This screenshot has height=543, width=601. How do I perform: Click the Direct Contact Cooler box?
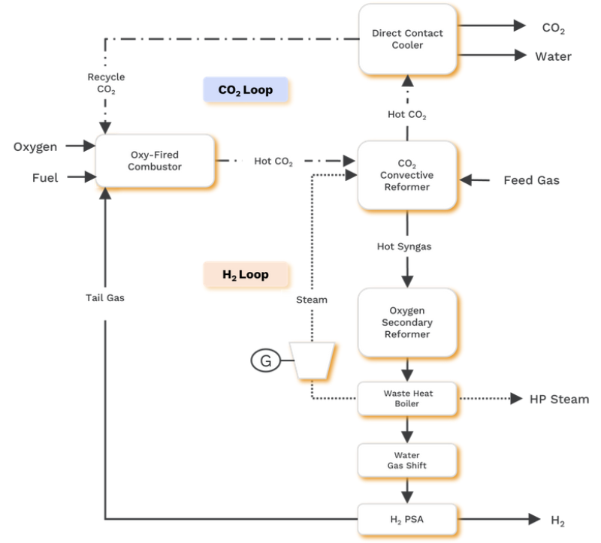click(407, 39)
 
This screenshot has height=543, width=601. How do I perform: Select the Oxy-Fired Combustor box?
click(155, 161)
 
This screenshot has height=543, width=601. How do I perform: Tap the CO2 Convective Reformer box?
click(407, 175)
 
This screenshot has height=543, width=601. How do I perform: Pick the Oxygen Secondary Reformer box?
click(407, 322)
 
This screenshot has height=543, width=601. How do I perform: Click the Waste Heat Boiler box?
click(407, 398)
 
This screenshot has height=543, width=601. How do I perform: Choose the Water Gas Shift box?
click(407, 460)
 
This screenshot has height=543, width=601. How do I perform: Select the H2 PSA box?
click(407, 518)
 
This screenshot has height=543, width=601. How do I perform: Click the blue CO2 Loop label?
click(246, 90)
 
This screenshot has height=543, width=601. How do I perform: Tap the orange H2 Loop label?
click(246, 275)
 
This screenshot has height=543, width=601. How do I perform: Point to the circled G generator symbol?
click(265, 361)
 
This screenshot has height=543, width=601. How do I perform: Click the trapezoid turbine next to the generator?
click(313, 361)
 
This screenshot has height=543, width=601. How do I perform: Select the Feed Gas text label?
click(531, 180)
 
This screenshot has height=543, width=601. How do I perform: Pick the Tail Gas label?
click(105, 297)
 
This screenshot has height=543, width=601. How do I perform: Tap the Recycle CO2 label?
click(106, 83)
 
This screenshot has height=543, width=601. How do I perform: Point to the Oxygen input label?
click(35, 146)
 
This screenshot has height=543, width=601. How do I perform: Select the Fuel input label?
click(45, 178)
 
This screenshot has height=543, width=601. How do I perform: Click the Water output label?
click(553, 56)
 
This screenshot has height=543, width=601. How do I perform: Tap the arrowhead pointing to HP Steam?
click(516, 399)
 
